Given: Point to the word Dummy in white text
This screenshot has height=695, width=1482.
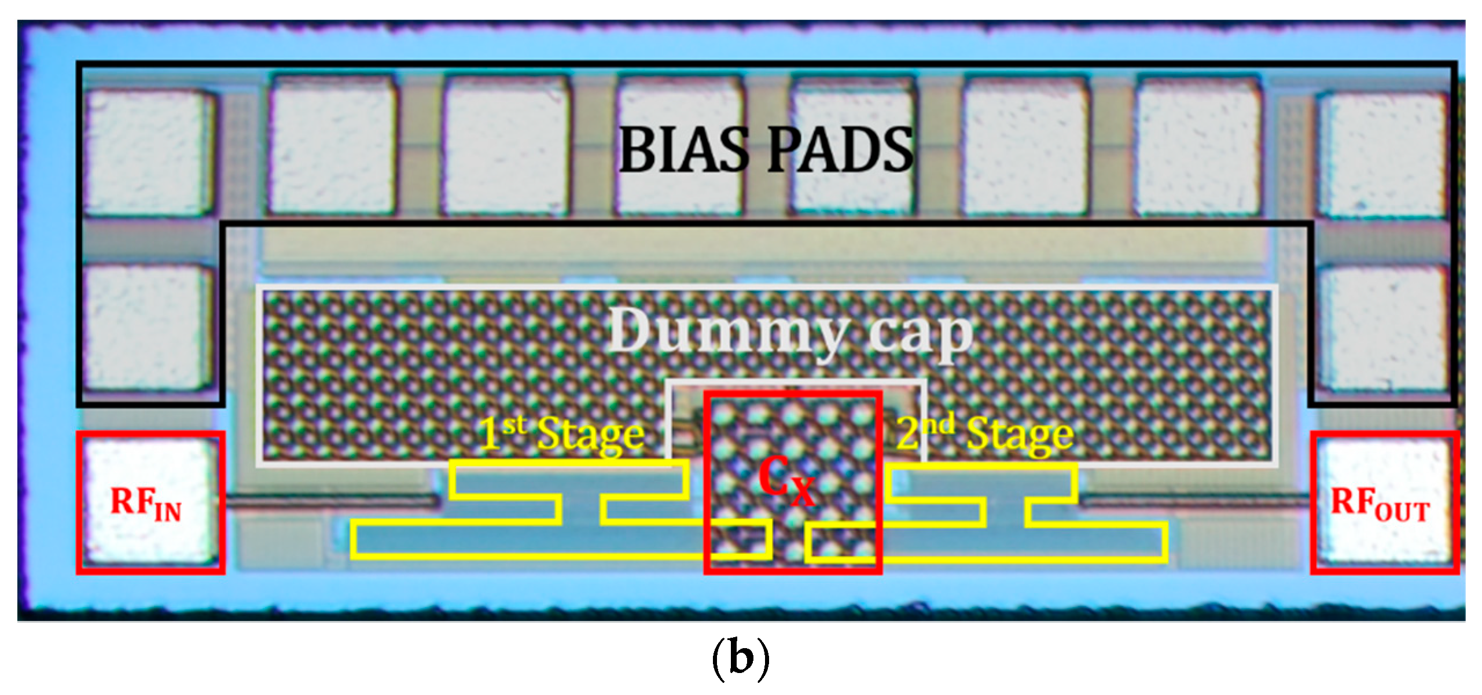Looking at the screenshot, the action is click(727, 332).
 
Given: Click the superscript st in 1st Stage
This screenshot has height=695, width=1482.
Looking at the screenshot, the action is click(514, 425).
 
